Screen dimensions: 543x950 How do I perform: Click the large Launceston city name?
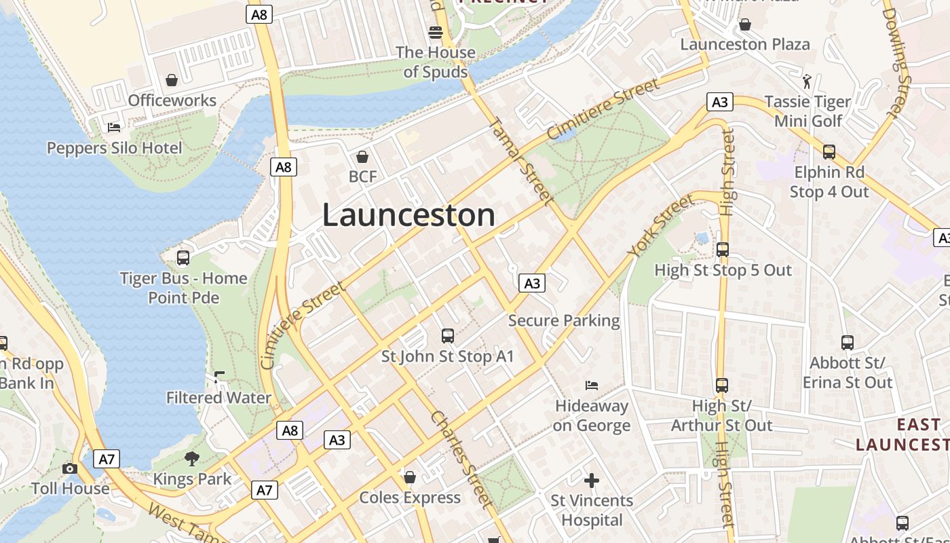click(408, 215)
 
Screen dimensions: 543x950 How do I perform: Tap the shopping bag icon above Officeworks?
click(172, 80)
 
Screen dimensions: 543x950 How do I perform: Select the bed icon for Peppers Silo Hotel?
click(114, 128)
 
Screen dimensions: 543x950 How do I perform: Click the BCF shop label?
click(362, 176)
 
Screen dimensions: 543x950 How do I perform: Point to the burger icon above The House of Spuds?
click(435, 32)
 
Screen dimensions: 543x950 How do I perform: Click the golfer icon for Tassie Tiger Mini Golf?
click(807, 82)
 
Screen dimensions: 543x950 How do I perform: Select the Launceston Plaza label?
click(744, 44)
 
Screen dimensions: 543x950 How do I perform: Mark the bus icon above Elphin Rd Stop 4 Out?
click(829, 152)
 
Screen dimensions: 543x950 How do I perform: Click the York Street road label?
click(661, 225)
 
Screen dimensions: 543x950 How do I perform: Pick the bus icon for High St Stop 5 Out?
click(723, 250)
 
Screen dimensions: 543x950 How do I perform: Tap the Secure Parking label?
click(564, 320)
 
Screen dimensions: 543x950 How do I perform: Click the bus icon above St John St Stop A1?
click(447, 335)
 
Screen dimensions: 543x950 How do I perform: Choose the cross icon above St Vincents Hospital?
click(592, 481)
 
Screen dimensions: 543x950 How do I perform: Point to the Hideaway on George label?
click(592, 415)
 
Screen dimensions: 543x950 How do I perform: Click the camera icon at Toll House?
click(69, 468)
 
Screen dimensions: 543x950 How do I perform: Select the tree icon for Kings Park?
click(192, 459)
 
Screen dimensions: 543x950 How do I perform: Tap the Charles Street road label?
click(461, 460)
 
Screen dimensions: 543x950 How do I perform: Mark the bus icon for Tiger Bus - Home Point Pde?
click(183, 258)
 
